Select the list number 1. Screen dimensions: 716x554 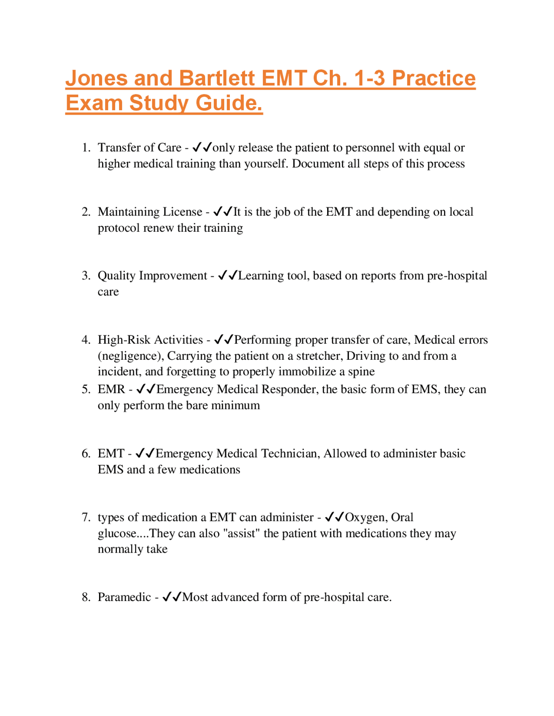coord(86,148)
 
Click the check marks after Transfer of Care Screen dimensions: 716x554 coord(202,147)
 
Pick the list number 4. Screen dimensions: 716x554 coord(86,340)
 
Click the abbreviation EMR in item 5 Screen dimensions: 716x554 coord(111,390)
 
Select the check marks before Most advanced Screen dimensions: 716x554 coord(171,597)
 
